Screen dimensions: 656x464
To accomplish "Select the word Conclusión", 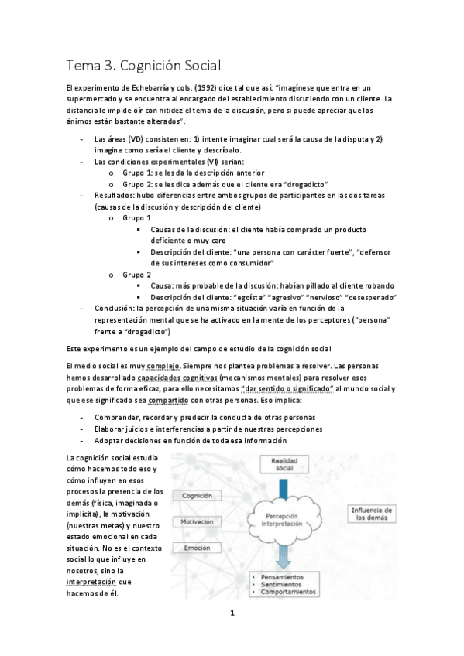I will click(114, 308).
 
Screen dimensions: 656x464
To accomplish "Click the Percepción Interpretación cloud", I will click(284, 519).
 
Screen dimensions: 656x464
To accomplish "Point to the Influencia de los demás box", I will click(371, 514).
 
